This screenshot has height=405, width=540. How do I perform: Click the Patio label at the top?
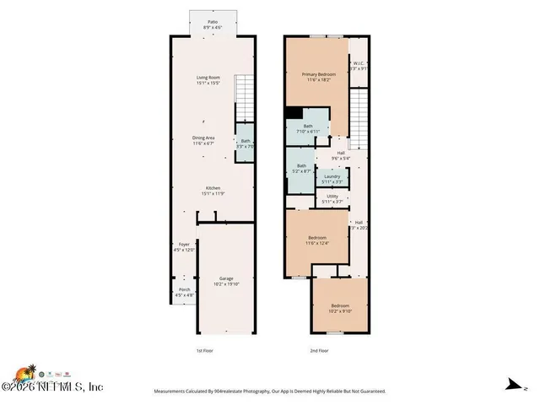211,25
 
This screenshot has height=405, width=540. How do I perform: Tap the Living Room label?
208,81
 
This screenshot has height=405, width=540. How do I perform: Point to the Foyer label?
184,248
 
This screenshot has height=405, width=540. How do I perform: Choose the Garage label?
226,281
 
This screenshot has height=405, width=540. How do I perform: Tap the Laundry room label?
332,179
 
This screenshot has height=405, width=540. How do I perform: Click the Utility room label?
332,199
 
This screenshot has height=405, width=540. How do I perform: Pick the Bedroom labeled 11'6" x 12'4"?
318,241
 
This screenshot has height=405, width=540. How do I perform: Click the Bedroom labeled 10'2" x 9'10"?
339,308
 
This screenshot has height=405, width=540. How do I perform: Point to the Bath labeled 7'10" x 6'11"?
307,129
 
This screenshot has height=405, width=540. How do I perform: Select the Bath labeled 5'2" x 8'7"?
301,168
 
